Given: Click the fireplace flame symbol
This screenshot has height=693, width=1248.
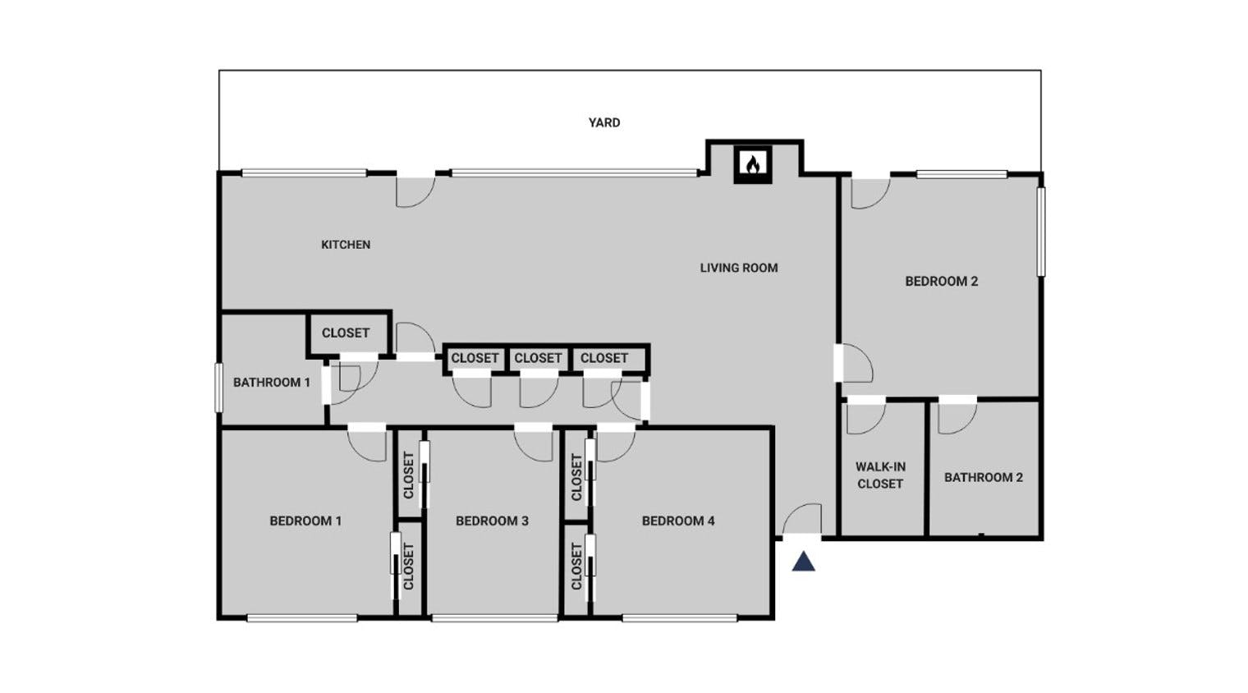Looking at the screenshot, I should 752,164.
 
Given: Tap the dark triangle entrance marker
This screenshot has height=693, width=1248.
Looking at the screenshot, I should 803,562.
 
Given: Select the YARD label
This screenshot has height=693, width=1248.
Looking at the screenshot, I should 604,122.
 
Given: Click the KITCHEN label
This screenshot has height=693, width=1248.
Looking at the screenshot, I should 345,245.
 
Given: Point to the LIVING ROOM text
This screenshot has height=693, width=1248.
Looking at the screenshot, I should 738,268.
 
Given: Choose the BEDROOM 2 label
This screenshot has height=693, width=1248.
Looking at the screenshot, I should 941,281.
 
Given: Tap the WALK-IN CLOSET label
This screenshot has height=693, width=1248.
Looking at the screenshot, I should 880,475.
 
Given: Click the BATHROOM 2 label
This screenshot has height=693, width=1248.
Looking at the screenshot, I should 983,477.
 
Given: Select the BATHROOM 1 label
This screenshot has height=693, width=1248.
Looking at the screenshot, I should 271,382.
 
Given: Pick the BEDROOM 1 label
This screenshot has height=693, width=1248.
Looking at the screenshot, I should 305,521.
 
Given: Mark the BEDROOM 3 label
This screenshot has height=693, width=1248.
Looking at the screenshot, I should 492,521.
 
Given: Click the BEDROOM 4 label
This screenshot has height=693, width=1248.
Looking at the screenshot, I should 678,521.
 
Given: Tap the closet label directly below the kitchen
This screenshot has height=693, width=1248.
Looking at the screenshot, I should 345,333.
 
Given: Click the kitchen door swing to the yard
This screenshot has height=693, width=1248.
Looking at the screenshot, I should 414,190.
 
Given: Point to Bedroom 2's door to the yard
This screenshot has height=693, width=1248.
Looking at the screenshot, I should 869,192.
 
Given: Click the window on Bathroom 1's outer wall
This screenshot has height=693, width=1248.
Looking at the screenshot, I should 218,387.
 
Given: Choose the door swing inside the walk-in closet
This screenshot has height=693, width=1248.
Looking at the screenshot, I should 865,417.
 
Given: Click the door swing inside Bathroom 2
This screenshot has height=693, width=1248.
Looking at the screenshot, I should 956,417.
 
